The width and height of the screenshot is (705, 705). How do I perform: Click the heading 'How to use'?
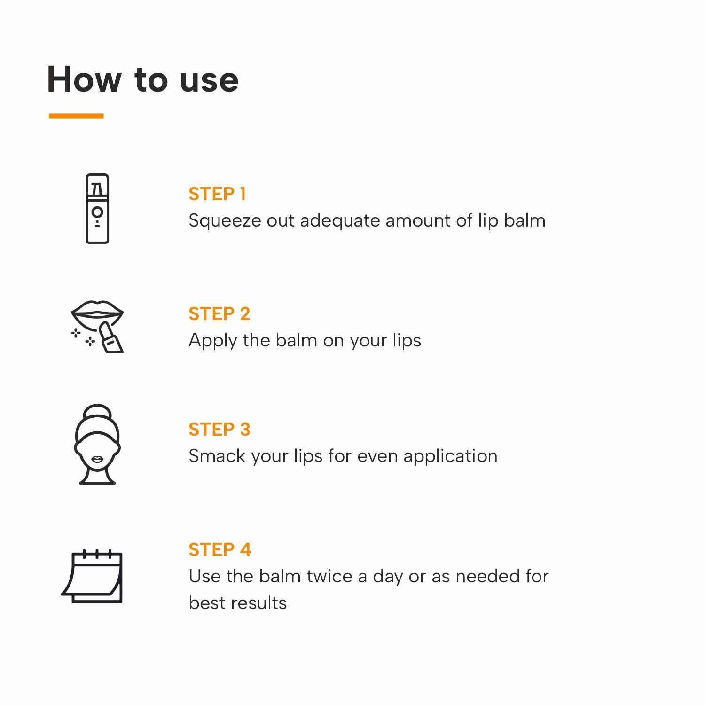143,79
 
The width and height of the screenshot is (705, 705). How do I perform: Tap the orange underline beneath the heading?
76,116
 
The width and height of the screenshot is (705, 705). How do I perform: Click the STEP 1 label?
217,194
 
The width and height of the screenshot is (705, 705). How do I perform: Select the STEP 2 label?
219,313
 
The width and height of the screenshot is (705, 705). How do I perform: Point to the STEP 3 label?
219,429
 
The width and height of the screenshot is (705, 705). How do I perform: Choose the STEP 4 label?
220,549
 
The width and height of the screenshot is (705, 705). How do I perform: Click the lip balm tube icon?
97,209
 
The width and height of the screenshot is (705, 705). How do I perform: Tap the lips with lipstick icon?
97,327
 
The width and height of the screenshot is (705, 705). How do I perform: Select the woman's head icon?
97,444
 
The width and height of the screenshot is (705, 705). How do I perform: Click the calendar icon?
93,576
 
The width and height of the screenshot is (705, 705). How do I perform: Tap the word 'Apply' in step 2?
212,341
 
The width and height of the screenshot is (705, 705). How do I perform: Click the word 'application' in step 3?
450,456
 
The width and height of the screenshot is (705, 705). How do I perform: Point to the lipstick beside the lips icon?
111,337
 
